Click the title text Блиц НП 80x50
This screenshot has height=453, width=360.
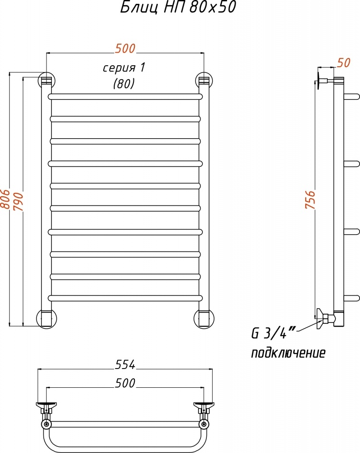[178, 7]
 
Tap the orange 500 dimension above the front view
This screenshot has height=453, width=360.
[125, 48]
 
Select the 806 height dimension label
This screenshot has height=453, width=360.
[5, 199]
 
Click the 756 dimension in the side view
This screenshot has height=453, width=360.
[310, 199]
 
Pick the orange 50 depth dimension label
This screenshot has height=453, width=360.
[344, 63]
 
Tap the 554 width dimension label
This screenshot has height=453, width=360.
[125, 365]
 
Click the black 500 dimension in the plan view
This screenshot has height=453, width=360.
[125, 383]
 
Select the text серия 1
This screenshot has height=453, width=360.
[124, 68]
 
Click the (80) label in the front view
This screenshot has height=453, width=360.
[124, 84]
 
